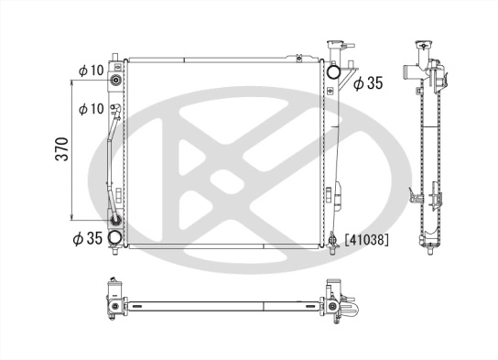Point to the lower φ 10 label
click(x=90, y=109)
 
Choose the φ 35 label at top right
click(x=367, y=84)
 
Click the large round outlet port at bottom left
click(x=115, y=240)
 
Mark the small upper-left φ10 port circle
click(x=115, y=80)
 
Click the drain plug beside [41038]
click(x=333, y=242)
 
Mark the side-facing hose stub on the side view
click(x=409, y=72)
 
